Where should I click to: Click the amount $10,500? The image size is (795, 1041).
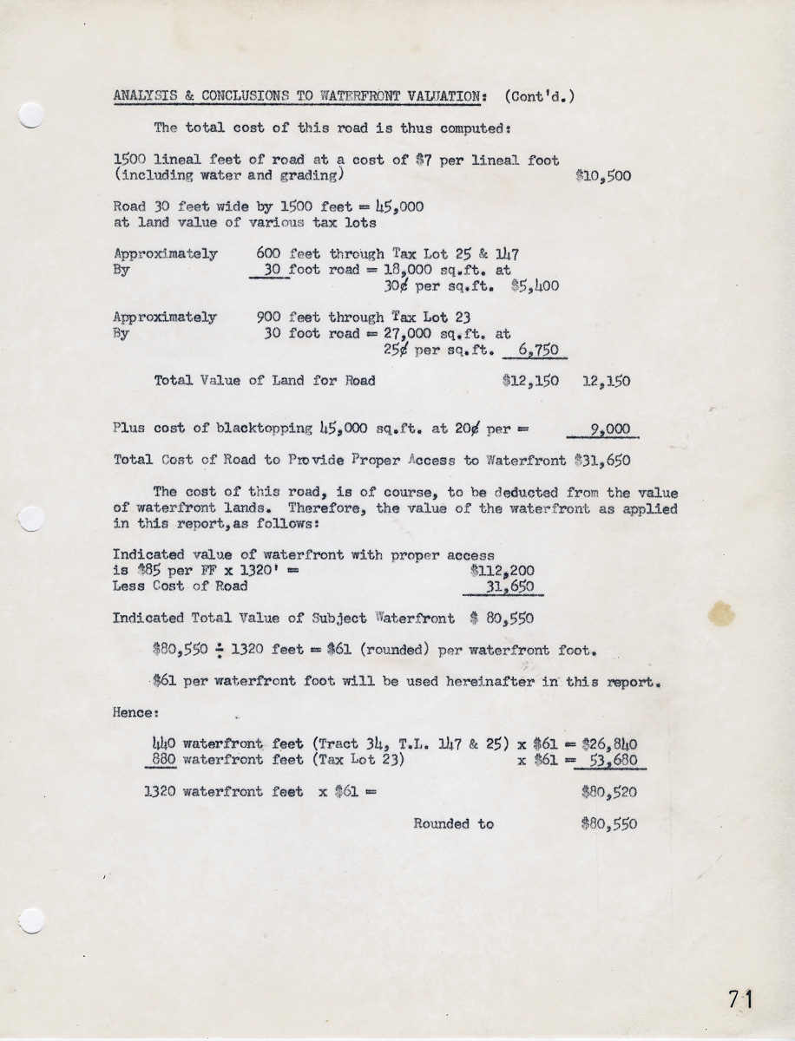[x=603, y=176]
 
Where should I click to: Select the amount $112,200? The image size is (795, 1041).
[x=503, y=570]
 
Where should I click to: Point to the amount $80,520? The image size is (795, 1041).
[x=608, y=792]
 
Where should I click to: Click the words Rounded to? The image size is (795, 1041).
[x=453, y=823]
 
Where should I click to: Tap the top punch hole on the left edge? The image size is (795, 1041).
[x=31, y=115]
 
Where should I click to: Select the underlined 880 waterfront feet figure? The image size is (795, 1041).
[x=164, y=760]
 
